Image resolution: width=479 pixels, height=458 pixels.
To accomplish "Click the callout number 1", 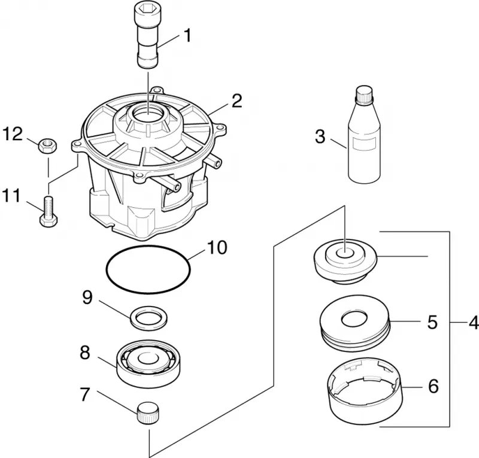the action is click(x=187, y=35).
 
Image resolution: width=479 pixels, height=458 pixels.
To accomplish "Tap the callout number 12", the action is click(x=13, y=135).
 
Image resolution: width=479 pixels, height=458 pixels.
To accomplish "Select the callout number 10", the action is click(x=217, y=247).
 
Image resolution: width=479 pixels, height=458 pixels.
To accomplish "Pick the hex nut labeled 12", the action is click(x=48, y=145).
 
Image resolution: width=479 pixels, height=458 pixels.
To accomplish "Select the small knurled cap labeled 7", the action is click(x=147, y=413).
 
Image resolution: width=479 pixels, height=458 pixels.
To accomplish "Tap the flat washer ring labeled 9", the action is click(x=148, y=318).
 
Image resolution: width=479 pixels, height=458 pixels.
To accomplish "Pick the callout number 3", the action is click(x=320, y=137).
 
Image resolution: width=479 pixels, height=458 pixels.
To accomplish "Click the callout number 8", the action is click(x=85, y=353).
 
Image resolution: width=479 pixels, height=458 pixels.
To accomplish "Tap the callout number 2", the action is click(x=237, y=101).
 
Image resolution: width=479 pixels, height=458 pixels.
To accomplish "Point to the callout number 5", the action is click(x=432, y=322).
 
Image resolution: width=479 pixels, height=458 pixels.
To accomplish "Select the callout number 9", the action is click(x=87, y=297).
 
